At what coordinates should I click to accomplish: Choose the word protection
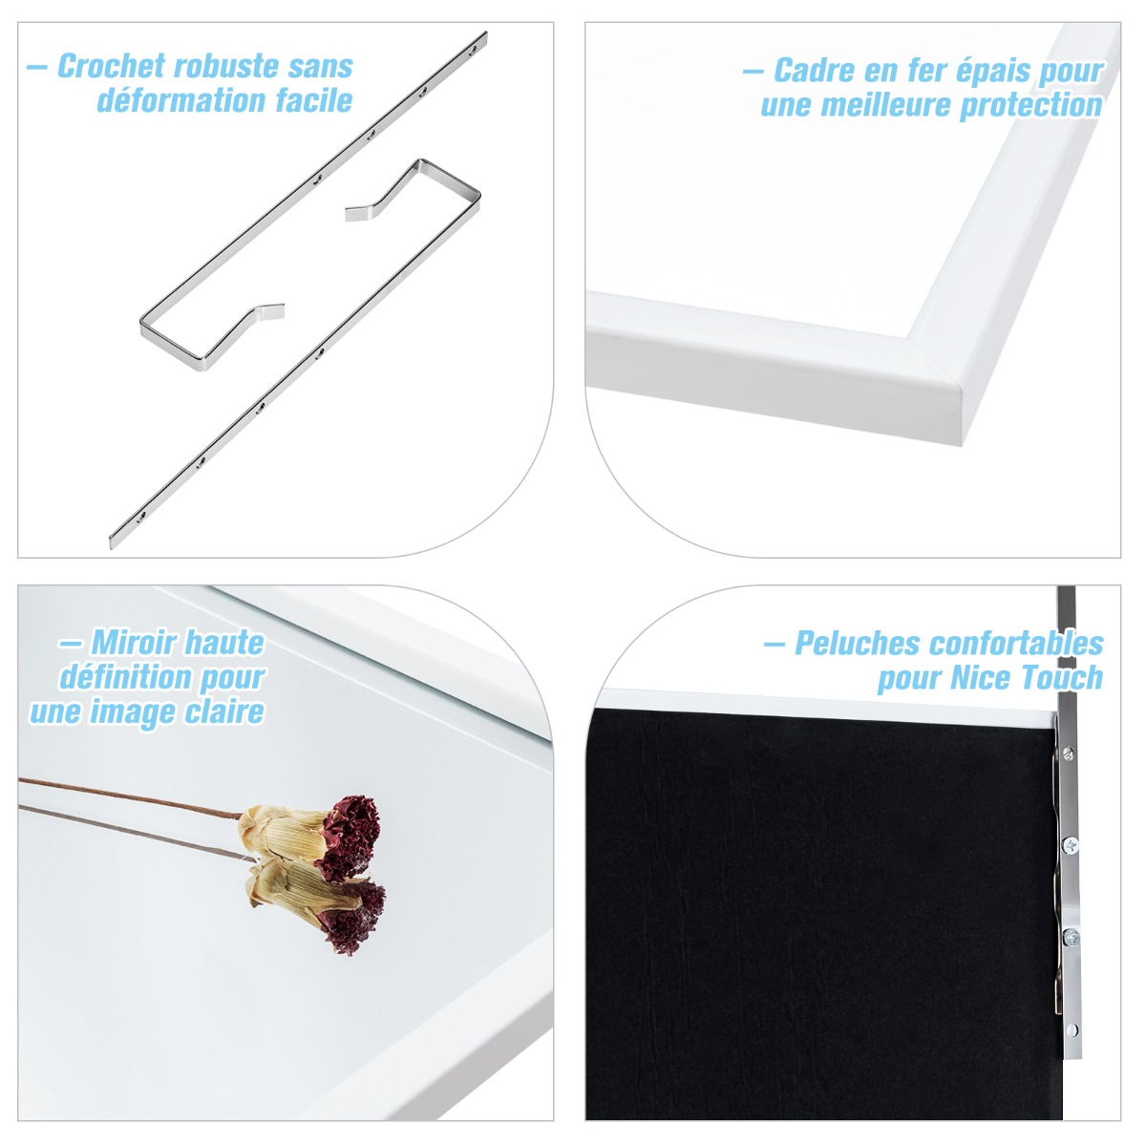click(1031, 106)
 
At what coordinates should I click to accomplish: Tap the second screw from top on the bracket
click(1070, 844)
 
